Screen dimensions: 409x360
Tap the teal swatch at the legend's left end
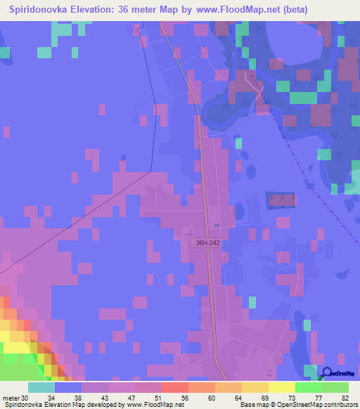click(x=41, y=387)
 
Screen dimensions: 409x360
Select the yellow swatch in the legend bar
click(x=281, y=387)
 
